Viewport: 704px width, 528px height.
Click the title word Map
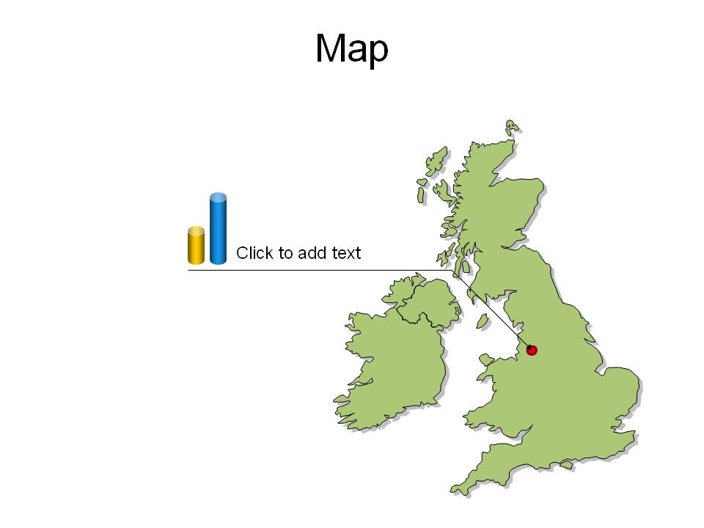(x=351, y=49)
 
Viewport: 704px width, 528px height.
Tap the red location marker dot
(x=532, y=350)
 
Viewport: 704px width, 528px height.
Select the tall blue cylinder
(x=219, y=228)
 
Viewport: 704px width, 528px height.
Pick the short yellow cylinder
(x=197, y=245)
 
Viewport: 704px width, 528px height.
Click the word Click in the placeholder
(x=254, y=253)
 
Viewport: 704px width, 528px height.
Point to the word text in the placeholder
(x=346, y=253)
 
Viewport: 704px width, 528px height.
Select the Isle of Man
(x=483, y=320)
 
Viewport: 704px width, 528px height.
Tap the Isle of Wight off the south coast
(x=566, y=465)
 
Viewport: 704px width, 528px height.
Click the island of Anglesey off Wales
(x=486, y=359)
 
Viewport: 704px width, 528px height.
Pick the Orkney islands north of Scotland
(x=511, y=127)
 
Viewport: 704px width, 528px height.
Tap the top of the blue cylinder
(x=219, y=197)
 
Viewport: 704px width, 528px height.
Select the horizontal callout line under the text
(x=320, y=271)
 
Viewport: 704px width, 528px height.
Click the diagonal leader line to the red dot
(x=492, y=309)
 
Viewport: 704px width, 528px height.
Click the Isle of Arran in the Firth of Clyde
(x=466, y=267)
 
